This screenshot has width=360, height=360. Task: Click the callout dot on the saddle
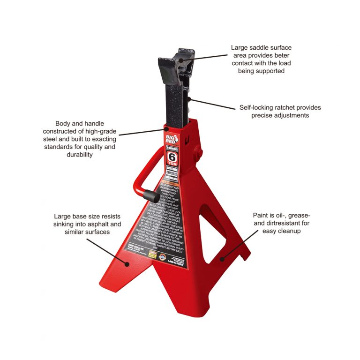190,59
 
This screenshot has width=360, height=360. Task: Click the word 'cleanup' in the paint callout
292,231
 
